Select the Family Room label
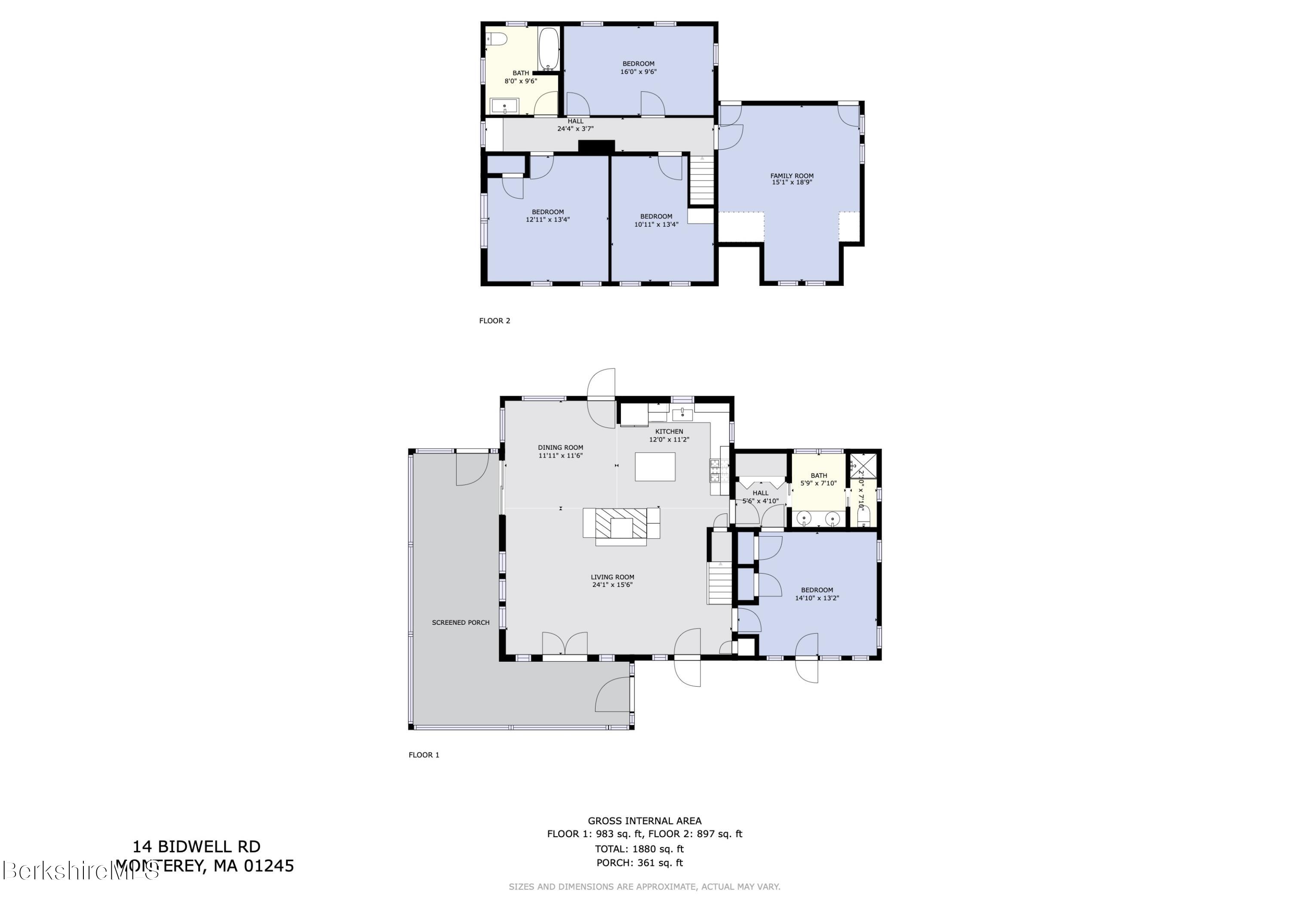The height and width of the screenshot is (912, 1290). pyautogui.click(x=792, y=176)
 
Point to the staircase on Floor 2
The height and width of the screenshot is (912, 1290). pyautogui.click(x=701, y=181)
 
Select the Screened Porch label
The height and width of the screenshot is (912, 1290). pyautogui.click(x=461, y=623)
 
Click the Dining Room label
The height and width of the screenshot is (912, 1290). pyautogui.click(x=560, y=448)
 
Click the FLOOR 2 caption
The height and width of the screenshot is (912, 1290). pyautogui.click(x=494, y=321)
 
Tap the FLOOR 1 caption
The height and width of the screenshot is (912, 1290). pyautogui.click(x=424, y=755)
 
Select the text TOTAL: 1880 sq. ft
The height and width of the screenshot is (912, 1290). pyautogui.click(x=639, y=849)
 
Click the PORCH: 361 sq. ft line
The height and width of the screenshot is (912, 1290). pyautogui.click(x=639, y=863)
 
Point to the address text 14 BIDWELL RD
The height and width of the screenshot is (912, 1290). pyautogui.click(x=196, y=847)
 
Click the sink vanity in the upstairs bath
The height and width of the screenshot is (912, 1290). pyautogui.click(x=504, y=106)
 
